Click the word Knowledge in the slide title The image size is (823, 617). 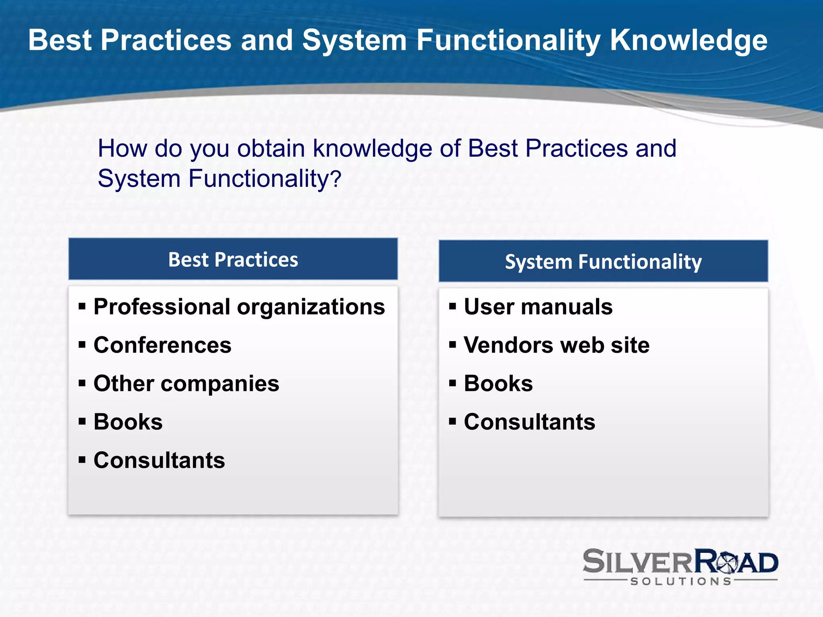click(x=688, y=40)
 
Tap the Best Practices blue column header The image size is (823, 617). click(x=233, y=259)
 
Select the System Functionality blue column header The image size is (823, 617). click(x=603, y=262)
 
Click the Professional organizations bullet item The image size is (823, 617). click(x=239, y=307)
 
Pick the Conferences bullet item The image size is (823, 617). click(x=162, y=345)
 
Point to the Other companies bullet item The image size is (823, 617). click(x=186, y=383)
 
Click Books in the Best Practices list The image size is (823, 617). click(x=128, y=422)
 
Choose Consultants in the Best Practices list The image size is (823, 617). click(x=159, y=460)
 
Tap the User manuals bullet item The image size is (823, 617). click(x=538, y=307)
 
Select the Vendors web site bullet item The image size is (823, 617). click(x=557, y=345)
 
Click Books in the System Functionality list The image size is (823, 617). click(x=498, y=383)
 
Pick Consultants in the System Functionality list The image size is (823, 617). click(x=529, y=422)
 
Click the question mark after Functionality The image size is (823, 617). click(x=337, y=179)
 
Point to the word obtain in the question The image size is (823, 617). click(x=271, y=148)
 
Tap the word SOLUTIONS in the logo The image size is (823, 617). click(x=681, y=581)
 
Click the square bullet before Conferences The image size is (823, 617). click(x=82, y=345)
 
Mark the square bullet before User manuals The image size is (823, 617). click(x=452, y=307)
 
